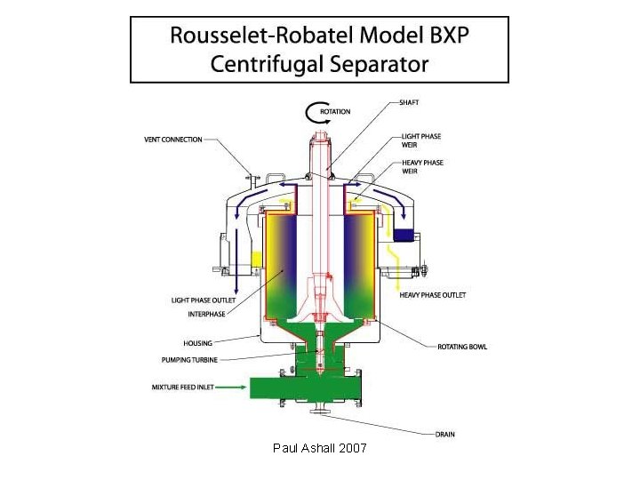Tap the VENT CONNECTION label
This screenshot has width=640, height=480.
(172, 140)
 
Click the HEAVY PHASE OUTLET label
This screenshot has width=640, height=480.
(433, 295)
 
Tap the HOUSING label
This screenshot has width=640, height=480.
(197, 343)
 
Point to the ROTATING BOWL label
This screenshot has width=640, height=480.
(462, 347)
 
